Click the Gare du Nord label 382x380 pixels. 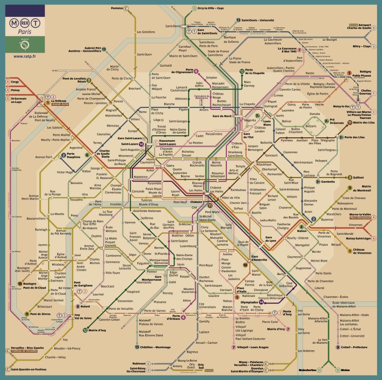click(222, 116)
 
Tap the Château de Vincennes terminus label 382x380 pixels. click(365, 252)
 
